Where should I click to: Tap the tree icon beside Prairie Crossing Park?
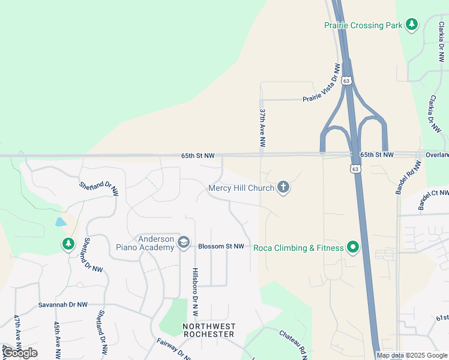412,25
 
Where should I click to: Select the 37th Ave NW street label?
262,128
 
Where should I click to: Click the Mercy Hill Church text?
241,188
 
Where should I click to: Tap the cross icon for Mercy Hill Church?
283,188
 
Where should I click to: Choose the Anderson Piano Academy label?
155,243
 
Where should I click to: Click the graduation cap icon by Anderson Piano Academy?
184,243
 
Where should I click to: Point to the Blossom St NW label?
221,247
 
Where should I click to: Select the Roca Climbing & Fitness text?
298,248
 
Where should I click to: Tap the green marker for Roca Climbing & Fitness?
354,247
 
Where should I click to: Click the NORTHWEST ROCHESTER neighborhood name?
208,330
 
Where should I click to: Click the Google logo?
20,352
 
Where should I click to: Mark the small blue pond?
61,222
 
